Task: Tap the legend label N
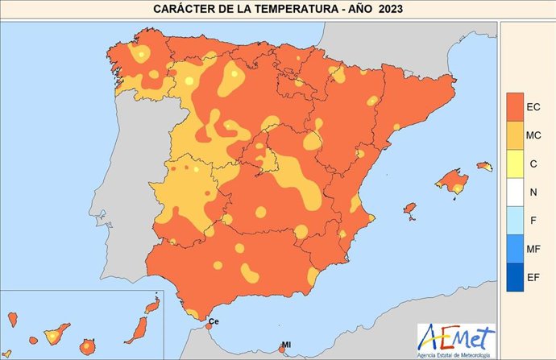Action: tap(533, 192)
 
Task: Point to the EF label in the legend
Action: tap(533, 278)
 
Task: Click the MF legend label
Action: tap(533, 250)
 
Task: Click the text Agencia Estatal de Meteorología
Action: tap(456, 353)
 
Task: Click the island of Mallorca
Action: tap(452, 180)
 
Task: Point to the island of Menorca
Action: tap(483, 166)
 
